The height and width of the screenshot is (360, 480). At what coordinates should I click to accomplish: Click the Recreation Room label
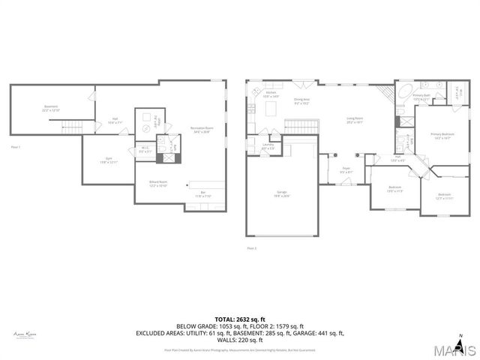pyautogui.click(x=199, y=128)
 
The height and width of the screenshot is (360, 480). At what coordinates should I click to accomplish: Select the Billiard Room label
pyautogui.click(x=157, y=183)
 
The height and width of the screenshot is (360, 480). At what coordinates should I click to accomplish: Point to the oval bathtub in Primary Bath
pyautogui.click(x=403, y=94)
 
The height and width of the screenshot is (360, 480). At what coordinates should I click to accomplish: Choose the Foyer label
pyautogui.click(x=346, y=169)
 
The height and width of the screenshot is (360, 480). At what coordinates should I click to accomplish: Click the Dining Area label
pyautogui.click(x=302, y=100)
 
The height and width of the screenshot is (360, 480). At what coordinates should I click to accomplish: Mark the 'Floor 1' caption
pyautogui.click(x=15, y=147)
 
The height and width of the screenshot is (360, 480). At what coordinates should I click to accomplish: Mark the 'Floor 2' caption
pyautogui.click(x=252, y=247)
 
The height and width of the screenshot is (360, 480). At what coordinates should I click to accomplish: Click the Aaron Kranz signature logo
pyautogui.click(x=25, y=334)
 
